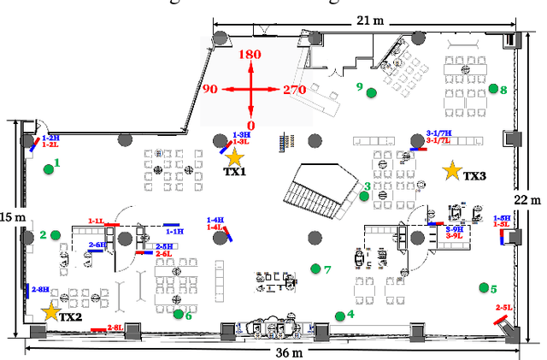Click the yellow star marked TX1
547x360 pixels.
[x=234, y=156]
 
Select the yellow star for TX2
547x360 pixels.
[x=50, y=312]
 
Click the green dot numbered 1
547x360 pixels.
[x=49, y=168]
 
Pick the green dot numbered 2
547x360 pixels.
[x=55, y=235]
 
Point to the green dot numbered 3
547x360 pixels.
[x=363, y=196]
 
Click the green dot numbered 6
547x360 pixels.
[x=178, y=314]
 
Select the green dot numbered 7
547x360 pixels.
[x=315, y=269]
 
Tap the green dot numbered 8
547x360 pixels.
[x=493, y=88]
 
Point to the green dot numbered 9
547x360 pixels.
[x=371, y=92]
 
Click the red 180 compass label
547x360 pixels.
[x=250, y=55]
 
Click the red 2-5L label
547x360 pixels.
[x=503, y=307]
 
